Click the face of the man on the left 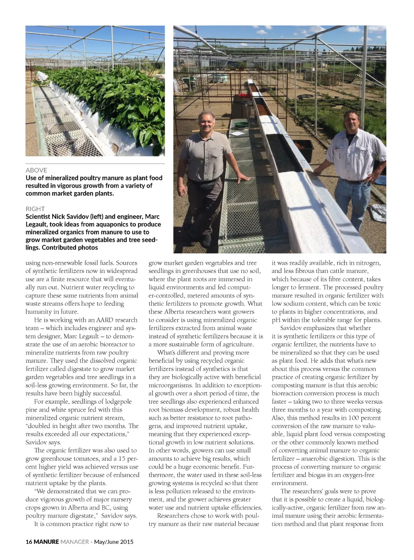click(207, 124)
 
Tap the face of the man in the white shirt click(352, 122)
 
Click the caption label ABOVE click(36, 170)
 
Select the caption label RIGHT click(35, 209)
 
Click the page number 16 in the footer click(29, 542)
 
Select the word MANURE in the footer click(46, 542)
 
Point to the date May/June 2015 click(114, 542)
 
